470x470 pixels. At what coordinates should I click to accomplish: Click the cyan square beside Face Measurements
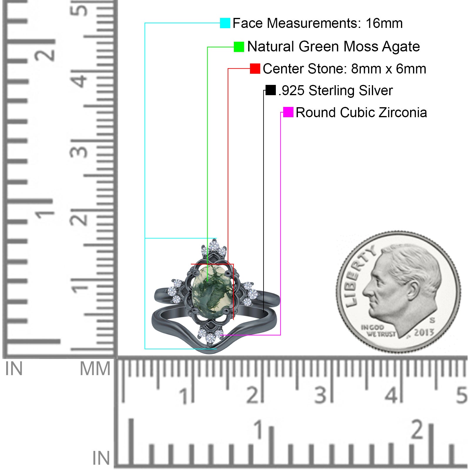225,23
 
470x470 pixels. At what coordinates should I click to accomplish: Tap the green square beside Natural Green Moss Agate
239,47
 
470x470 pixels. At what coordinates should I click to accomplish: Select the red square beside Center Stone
255,69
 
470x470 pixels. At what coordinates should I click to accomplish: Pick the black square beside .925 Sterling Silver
271,90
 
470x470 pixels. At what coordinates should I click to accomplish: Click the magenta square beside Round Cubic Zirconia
288,112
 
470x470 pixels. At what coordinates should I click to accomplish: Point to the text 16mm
384,23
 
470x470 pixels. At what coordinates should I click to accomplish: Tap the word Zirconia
403,113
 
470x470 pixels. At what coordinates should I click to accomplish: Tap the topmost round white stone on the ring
214,245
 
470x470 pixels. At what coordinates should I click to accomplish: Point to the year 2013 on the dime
424,333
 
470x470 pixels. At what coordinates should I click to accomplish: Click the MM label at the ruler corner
95,369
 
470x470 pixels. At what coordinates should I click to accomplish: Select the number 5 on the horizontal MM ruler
461,395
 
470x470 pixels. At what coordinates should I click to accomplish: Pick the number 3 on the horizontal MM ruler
320,395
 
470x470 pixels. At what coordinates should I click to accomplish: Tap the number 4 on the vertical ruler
80,80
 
